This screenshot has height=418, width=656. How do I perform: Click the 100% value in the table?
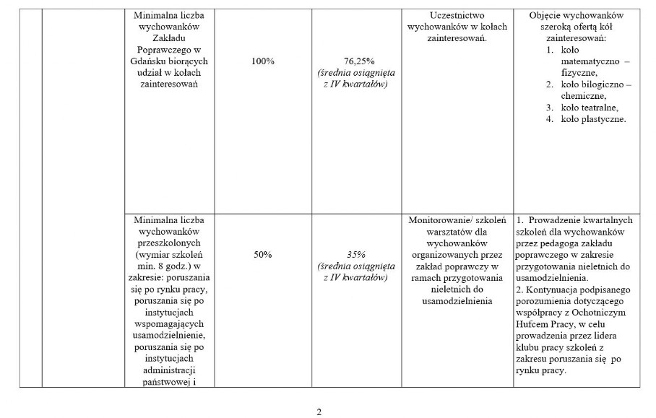(263, 62)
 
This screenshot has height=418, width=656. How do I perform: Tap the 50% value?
(263, 254)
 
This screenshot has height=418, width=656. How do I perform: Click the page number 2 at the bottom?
(319, 412)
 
